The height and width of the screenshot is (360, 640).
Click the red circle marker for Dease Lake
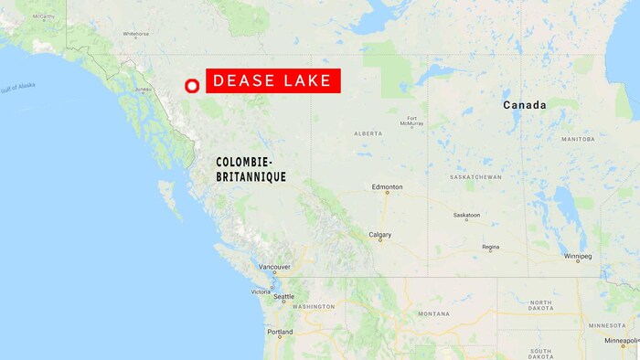tap(192, 86)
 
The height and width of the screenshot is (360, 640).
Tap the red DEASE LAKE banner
tap(273, 81)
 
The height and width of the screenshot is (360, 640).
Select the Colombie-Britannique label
tap(251, 169)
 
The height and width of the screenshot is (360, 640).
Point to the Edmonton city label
tap(387, 187)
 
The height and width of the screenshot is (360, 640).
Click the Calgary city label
tap(380, 235)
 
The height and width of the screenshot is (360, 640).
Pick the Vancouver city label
tap(274, 268)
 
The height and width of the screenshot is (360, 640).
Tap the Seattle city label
tap(283, 297)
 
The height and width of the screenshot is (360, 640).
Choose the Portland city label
tap(280, 333)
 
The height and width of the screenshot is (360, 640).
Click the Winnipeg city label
tap(577, 258)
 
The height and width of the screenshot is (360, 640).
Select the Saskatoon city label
tap(466, 216)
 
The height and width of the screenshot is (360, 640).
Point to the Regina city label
tap(491, 247)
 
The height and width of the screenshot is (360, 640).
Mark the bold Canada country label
tap(525, 106)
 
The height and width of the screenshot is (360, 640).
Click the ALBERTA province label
tap(368, 133)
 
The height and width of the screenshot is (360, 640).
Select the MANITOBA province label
tap(577, 140)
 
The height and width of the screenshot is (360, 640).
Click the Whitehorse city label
tap(135, 34)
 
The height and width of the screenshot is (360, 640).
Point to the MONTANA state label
tap(432, 313)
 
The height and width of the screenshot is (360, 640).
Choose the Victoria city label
tap(261, 291)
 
